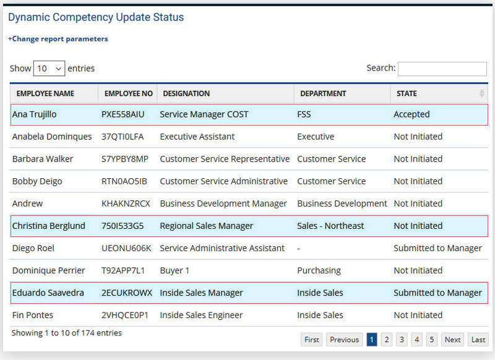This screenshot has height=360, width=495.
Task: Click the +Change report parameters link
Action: click(58, 39)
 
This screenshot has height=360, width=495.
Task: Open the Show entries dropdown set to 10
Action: click(49, 69)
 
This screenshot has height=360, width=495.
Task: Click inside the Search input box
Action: click(442, 69)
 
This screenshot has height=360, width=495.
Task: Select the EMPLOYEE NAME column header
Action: click(45, 94)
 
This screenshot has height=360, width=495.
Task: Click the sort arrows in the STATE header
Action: click(481, 94)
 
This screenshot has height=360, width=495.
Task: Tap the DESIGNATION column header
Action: click(186, 94)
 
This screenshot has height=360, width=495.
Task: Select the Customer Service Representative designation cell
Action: click(225, 159)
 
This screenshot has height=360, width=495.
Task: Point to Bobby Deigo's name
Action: click(37, 181)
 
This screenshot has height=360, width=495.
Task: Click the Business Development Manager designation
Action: click(223, 204)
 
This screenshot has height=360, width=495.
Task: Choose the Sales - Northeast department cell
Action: click(330, 226)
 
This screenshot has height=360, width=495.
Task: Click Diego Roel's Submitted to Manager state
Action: click(437, 248)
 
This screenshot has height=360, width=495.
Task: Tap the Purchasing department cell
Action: click(319, 270)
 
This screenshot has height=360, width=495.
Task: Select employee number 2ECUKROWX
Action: click(126, 293)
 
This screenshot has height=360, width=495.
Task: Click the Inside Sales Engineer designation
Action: click(201, 315)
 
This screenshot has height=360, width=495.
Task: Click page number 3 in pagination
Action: click(402, 340)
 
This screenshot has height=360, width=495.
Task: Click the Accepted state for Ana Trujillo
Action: click(411, 114)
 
